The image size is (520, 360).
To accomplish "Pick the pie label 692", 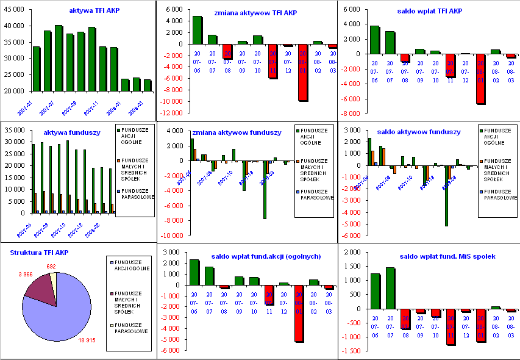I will coord(51,266).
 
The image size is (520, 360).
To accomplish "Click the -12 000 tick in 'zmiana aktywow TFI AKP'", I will coord(173,113).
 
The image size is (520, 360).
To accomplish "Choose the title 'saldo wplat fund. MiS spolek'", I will coord(438,256).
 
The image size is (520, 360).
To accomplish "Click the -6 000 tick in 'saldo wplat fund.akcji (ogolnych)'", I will coord(170,351).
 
